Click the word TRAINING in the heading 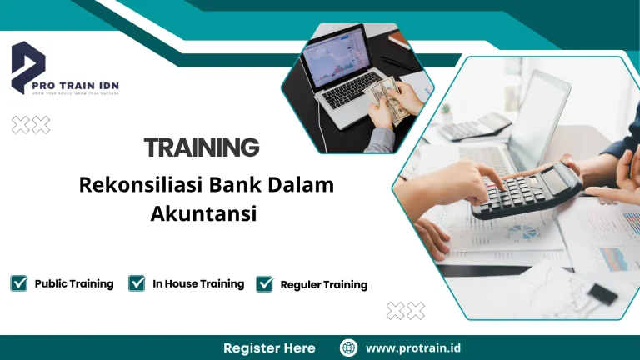(202, 147)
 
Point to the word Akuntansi (203, 213)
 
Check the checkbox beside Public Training (18, 283)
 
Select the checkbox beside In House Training (137, 283)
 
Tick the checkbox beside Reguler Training (265, 284)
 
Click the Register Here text (269, 347)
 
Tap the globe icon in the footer (349, 347)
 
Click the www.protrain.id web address (413, 347)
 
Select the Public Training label (74, 283)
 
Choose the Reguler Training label (323, 284)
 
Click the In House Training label (198, 283)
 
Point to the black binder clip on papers (602, 292)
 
